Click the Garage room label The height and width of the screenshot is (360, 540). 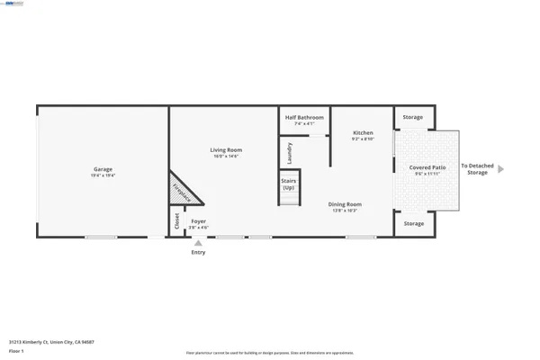click(x=103, y=168)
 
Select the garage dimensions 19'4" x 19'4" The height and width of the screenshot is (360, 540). click(x=103, y=175)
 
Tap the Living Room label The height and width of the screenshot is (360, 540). click(x=226, y=149)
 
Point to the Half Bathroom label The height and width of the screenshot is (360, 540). click(x=304, y=117)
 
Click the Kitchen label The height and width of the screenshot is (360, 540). click(x=362, y=132)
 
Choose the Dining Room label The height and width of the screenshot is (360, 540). click(x=345, y=204)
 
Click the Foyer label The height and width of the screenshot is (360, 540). click(x=198, y=221)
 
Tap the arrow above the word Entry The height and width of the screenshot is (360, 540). click(x=198, y=243)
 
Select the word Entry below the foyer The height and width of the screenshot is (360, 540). click(x=198, y=253)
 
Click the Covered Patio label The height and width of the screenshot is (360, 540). click(x=427, y=167)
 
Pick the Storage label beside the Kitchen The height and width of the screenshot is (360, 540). click(x=413, y=117)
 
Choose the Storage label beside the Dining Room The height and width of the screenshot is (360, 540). click(x=413, y=223)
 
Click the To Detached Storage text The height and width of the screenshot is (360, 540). click(x=477, y=169)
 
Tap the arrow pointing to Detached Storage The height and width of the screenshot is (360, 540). click(x=501, y=168)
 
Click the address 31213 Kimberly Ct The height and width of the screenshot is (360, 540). click(x=51, y=342)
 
